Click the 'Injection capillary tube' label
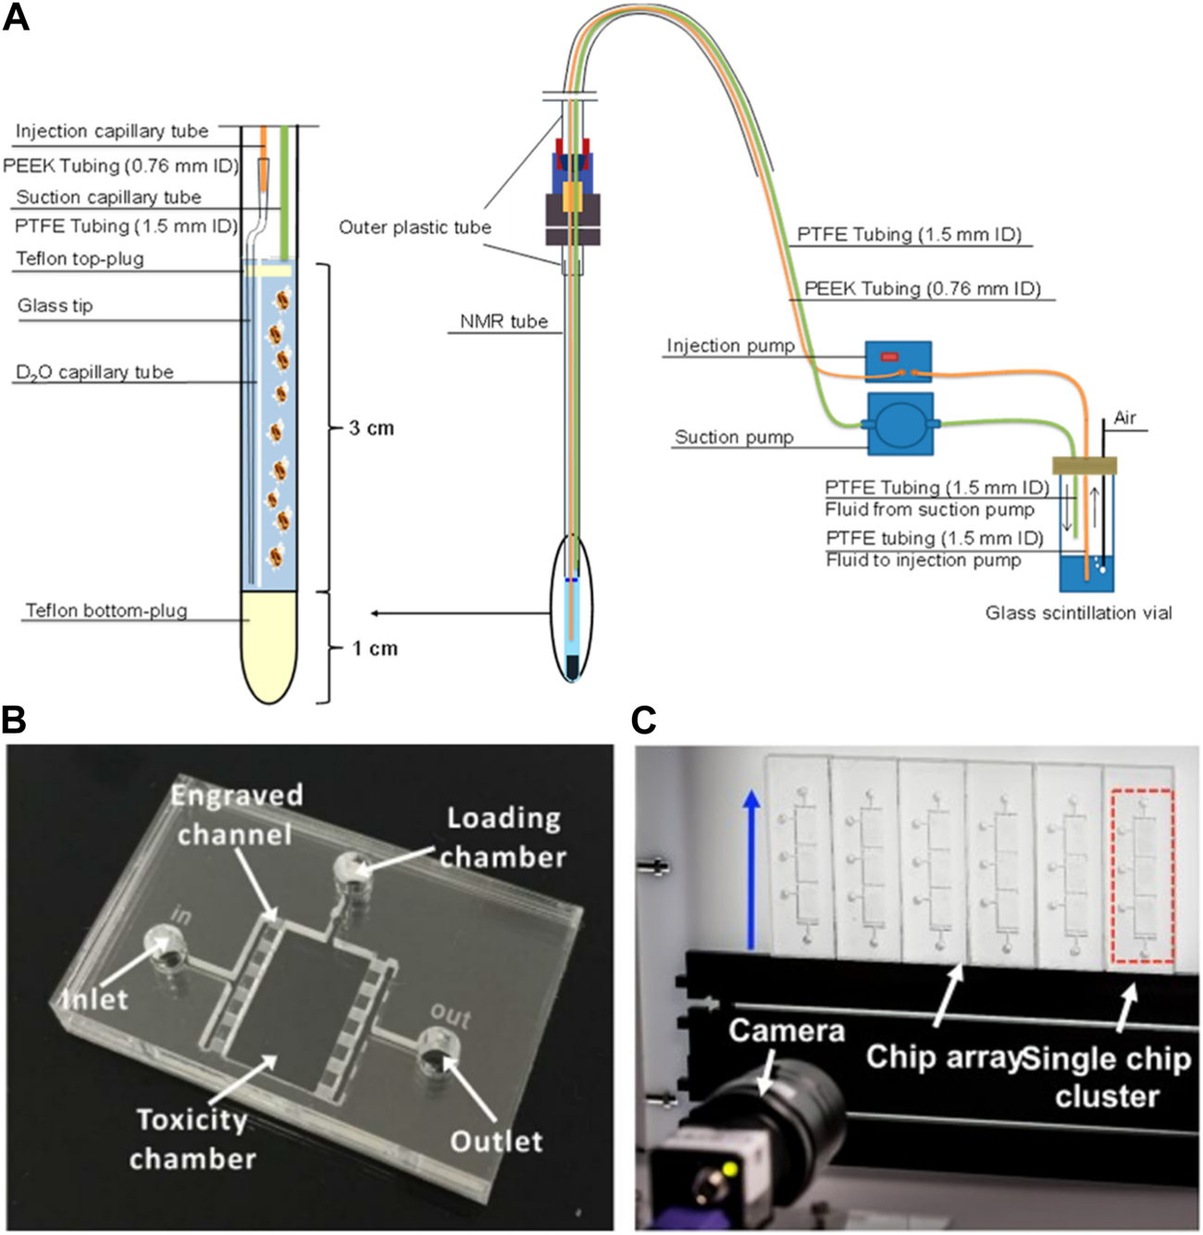[x=112, y=131]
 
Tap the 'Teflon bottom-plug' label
[x=106, y=611]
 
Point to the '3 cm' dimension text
[x=371, y=428]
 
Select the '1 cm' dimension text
[x=374, y=648]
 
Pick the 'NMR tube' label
[x=504, y=322]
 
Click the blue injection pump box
[x=898, y=361]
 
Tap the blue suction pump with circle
[x=899, y=425]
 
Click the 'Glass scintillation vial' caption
[x=1078, y=612]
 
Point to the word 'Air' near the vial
[x=1124, y=418]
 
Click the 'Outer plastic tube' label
[x=415, y=228]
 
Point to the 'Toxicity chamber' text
[x=192, y=1139]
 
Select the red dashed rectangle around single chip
[x=1142, y=874]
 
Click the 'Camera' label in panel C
[x=786, y=1031]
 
